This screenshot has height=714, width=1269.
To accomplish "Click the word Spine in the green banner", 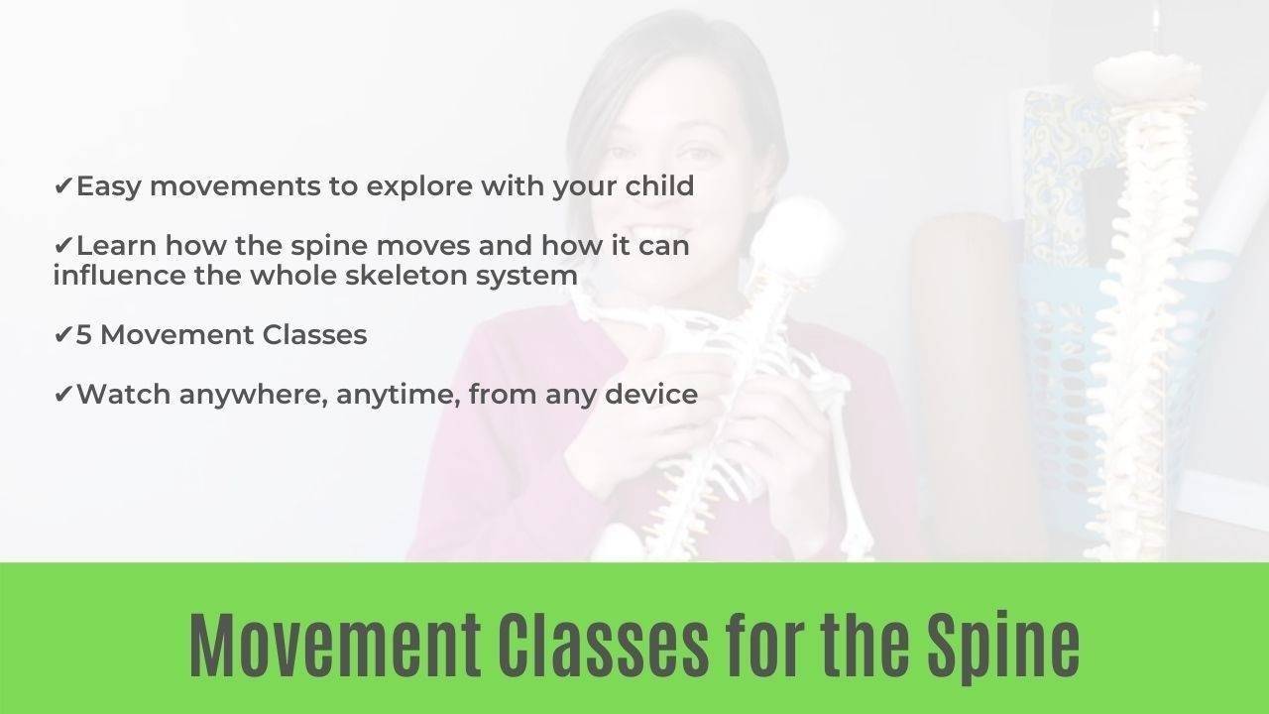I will click(x=1002, y=646).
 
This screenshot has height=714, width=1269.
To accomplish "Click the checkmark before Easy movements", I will click(x=63, y=186).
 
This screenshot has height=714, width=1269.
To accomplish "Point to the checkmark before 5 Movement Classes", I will click(x=63, y=335).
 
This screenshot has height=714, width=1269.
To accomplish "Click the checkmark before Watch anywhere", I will click(x=63, y=395).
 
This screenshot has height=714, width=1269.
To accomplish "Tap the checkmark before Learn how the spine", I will click(x=63, y=246).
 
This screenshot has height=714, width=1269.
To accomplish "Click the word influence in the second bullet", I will click(x=112, y=275).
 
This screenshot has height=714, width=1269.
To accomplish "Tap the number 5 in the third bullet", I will click(x=84, y=335).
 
